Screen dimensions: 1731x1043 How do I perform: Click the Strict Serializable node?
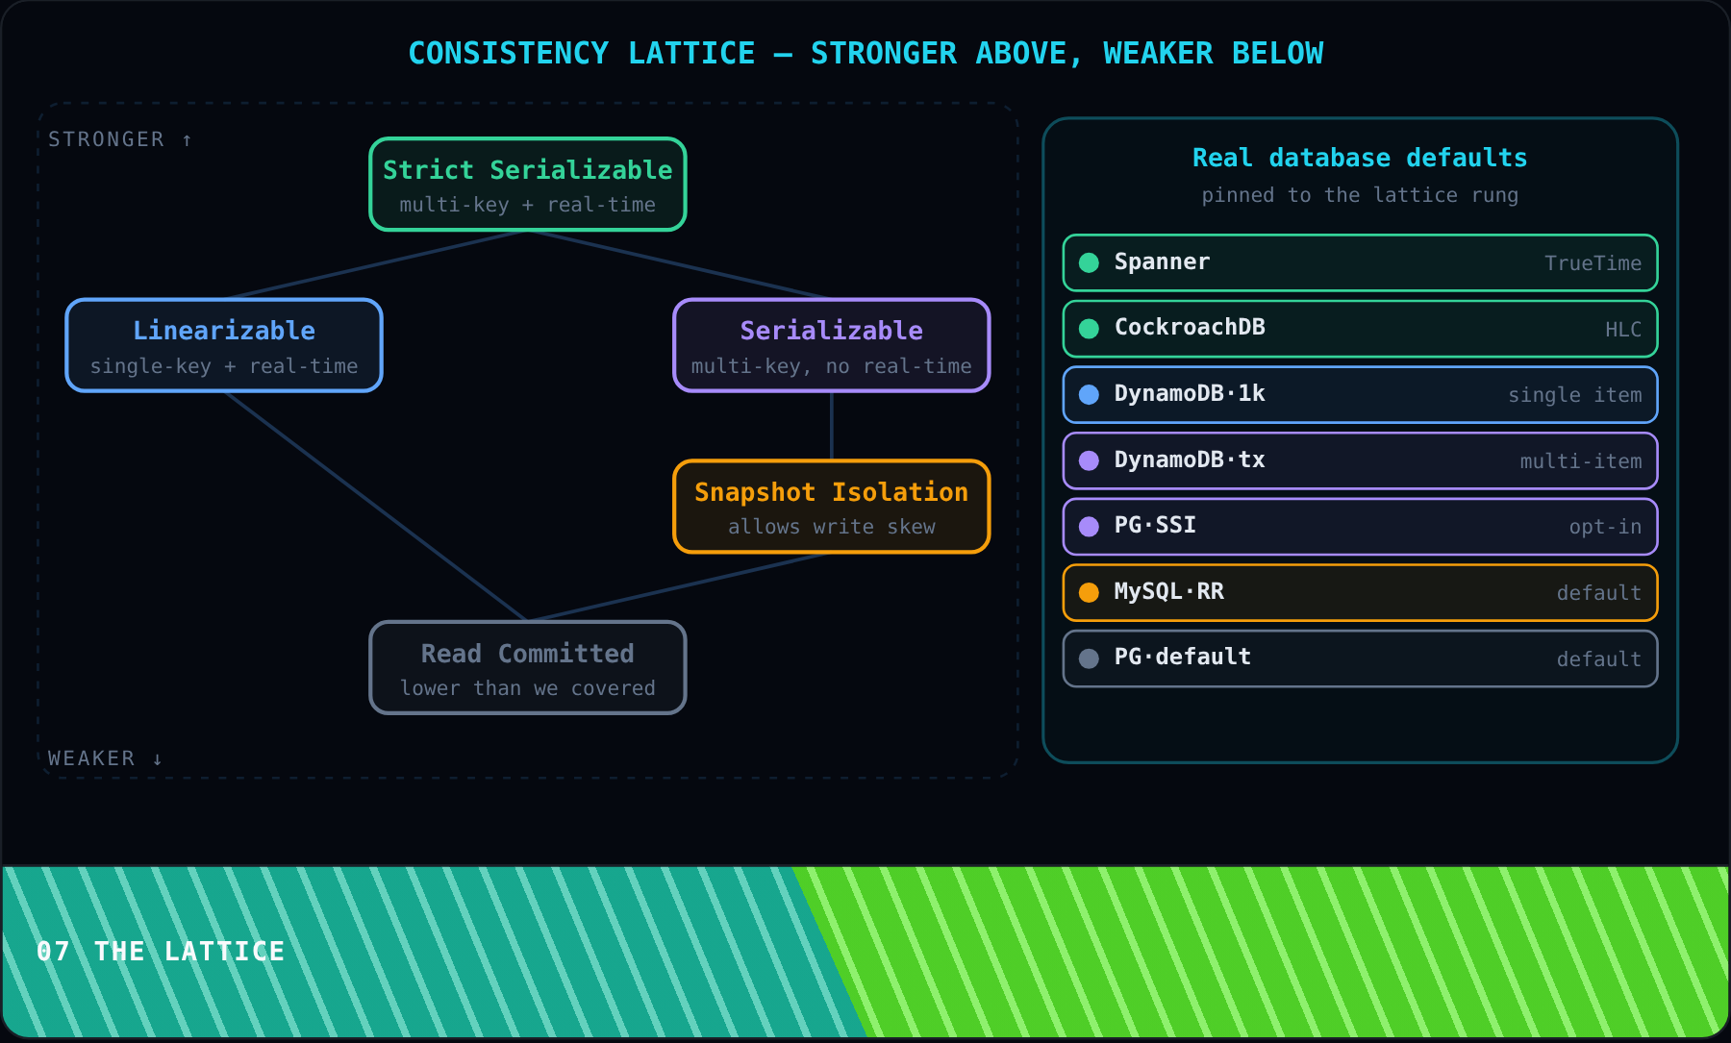(528, 185)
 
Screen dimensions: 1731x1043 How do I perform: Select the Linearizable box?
(224, 345)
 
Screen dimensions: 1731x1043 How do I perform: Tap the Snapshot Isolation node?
(832, 507)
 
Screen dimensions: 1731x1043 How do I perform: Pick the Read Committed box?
(528, 668)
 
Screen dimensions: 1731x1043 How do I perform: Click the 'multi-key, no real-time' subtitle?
(832, 366)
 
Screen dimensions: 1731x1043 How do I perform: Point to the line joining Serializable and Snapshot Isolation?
(832, 426)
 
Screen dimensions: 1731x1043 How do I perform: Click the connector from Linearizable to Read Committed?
(376, 507)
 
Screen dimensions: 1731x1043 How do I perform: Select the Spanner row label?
(1162, 261)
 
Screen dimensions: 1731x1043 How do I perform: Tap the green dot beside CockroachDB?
(1089, 329)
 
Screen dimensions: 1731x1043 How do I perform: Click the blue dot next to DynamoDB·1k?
(1089, 395)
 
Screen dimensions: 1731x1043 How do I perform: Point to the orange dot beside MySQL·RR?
(1089, 593)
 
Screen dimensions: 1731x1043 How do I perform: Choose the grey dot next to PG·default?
(1089, 658)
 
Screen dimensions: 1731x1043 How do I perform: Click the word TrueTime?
(1593, 263)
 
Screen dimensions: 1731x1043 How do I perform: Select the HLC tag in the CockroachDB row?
(1623, 330)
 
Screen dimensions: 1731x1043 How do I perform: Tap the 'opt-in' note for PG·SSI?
(1605, 527)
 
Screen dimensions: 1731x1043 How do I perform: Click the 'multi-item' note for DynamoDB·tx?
(1581, 461)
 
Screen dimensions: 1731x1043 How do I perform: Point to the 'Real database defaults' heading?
(1360, 158)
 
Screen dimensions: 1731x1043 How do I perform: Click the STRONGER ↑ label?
(120, 139)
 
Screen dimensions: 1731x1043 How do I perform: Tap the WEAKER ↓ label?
(106, 758)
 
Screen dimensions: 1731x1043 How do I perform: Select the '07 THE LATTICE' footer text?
(161, 952)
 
